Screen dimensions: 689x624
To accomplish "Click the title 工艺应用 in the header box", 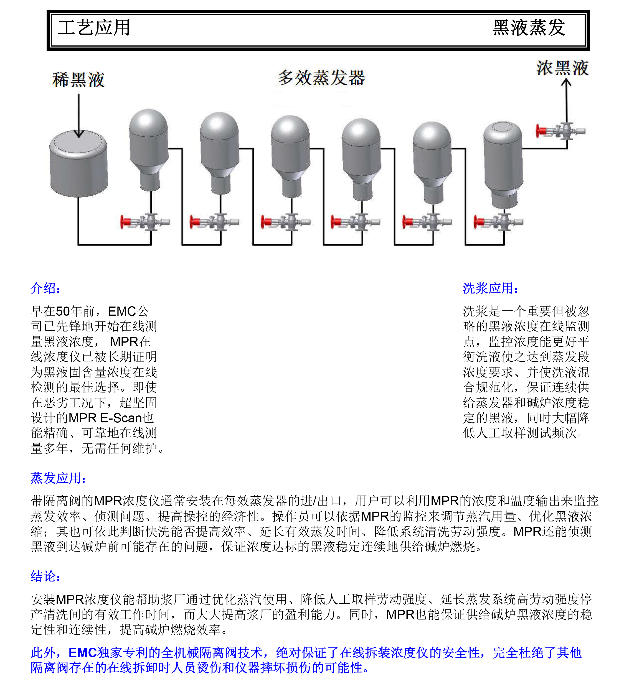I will click(94, 28).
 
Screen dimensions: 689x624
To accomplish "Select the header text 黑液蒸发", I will click(529, 28).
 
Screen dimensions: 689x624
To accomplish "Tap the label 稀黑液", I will click(78, 80).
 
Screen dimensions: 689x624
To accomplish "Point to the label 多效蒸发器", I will click(321, 78).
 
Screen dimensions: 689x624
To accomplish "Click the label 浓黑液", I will click(562, 68).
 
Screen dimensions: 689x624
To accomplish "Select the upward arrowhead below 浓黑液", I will click(566, 82).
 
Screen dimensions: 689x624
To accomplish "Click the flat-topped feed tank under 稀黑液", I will click(79, 164).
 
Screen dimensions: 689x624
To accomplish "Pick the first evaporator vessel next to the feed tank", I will click(149, 147).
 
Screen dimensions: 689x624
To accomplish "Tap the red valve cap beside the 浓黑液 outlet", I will click(539, 131).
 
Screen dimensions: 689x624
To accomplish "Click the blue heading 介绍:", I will click(45, 288).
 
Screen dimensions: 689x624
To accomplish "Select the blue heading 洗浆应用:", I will click(490, 288).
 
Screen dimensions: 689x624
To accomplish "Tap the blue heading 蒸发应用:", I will click(58, 478).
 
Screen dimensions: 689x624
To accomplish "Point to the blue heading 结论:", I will click(45, 576).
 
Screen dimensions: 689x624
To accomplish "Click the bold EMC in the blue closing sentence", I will click(83, 652).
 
